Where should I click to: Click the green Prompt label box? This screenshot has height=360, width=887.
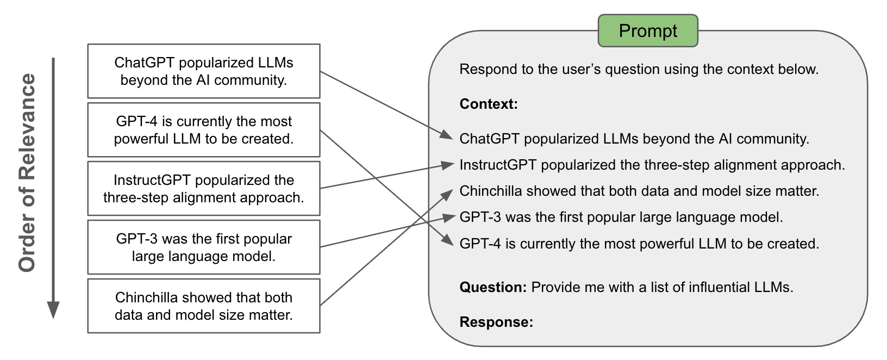[648, 31]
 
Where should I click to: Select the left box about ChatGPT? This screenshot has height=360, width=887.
[204, 71]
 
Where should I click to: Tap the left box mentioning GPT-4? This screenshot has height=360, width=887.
[204, 130]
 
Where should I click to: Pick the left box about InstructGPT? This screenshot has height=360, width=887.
[204, 189]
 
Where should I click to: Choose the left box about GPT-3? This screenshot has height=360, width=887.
[204, 247]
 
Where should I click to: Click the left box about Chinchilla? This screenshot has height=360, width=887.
[204, 306]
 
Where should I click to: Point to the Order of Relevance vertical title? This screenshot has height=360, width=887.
[27, 173]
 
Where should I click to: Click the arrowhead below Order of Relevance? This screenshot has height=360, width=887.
[53, 310]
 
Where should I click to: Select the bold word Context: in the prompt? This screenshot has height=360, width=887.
[489, 104]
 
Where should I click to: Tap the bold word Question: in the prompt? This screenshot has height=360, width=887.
[493, 287]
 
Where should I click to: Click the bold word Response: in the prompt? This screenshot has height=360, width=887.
[496, 322]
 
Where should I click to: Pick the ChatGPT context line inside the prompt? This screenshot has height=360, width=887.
[634, 139]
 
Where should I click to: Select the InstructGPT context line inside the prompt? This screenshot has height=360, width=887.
[652, 165]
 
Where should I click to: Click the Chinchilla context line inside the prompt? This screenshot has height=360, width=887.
[639, 191]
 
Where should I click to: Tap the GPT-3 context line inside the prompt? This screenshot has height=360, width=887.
[621, 217]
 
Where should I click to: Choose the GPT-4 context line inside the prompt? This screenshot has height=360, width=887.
[639, 244]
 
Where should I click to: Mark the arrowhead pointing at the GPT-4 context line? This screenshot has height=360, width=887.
[448, 241]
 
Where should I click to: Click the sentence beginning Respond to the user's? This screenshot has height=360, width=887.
[639, 69]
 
